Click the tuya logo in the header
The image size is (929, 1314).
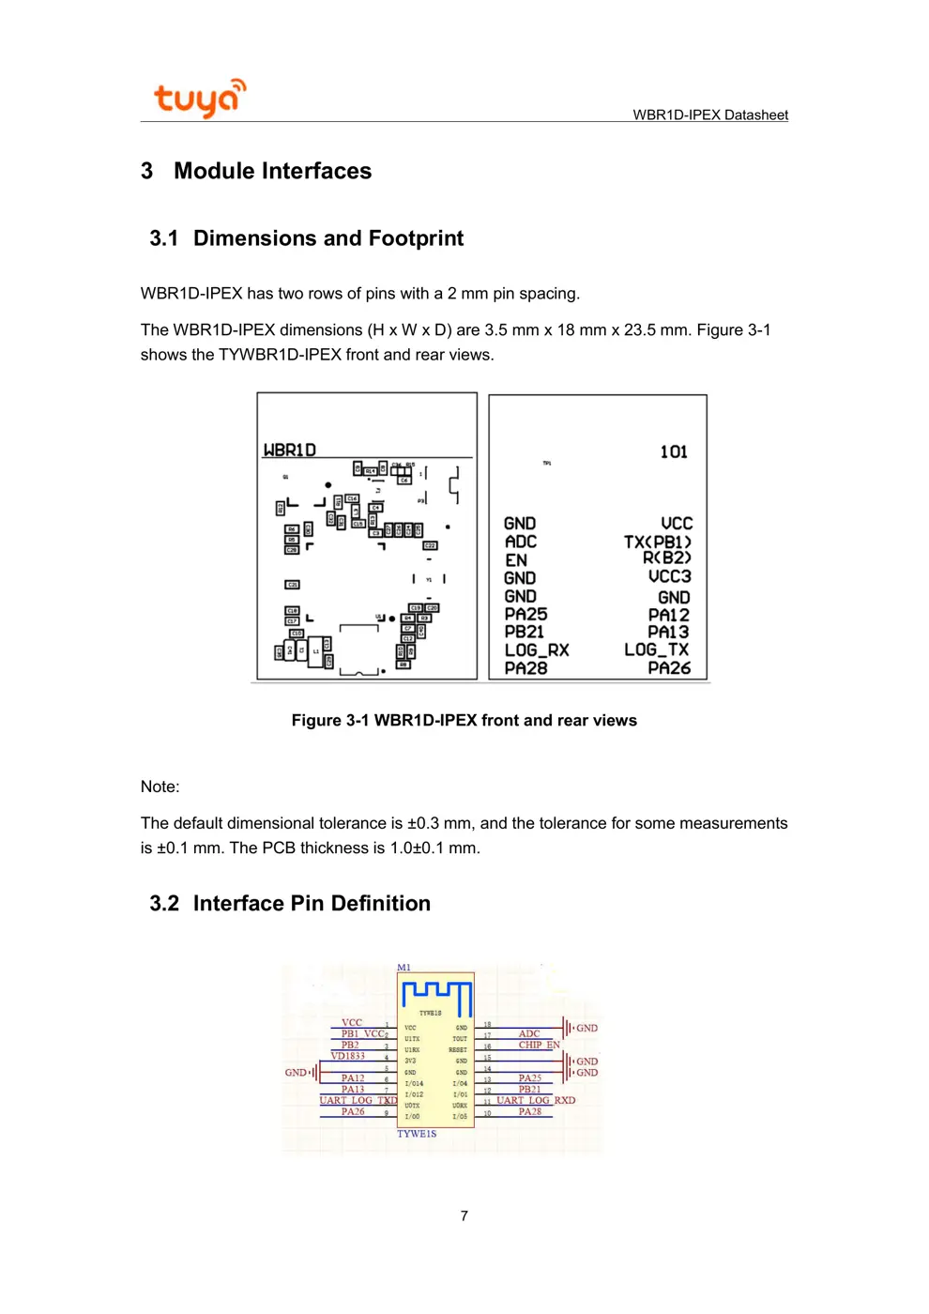click(199, 98)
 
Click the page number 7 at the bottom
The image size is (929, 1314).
click(464, 1215)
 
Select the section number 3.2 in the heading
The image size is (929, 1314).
click(164, 903)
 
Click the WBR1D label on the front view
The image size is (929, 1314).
click(290, 451)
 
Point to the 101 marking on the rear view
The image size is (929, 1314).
click(674, 452)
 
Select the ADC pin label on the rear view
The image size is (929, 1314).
click(521, 542)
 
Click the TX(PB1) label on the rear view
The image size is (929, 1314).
click(657, 542)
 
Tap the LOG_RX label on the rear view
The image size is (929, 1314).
click(537, 649)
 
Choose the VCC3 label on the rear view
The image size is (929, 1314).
click(669, 576)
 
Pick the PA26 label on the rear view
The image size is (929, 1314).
click(669, 668)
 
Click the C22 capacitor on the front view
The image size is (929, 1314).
click(430, 545)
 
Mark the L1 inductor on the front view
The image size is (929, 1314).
click(315, 649)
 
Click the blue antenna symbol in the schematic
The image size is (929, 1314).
click(436, 995)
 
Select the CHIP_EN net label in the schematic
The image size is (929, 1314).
click(539, 1045)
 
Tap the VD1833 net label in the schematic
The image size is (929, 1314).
click(347, 1056)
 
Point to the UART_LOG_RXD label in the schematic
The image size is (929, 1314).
click(536, 1100)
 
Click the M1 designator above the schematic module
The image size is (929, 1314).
click(404, 967)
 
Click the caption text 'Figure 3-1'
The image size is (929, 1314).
click(330, 721)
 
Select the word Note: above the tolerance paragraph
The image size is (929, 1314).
click(160, 787)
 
